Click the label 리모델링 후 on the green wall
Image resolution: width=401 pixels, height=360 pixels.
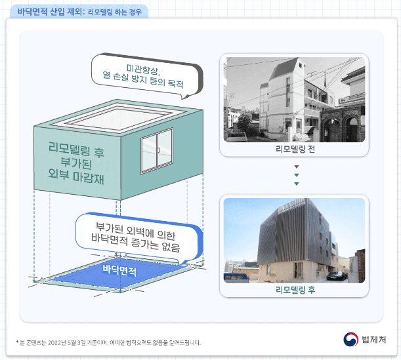coord(77,149)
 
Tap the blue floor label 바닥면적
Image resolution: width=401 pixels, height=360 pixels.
coord(119,269)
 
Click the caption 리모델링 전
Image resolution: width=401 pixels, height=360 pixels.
coord(295,149)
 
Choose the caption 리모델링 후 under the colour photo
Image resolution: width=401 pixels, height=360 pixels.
coord(295,289)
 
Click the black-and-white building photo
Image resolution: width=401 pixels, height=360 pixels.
coord(295,100)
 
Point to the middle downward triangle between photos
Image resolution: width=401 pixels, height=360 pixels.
coord(296,175)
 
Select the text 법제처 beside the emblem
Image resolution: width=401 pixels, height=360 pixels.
coord(373,339)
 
